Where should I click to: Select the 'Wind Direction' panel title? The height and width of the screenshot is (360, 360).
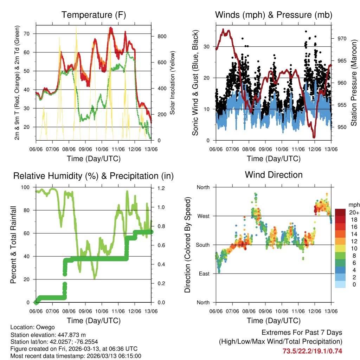click(274, 175)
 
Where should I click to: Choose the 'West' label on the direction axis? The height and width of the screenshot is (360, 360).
click(203, 216)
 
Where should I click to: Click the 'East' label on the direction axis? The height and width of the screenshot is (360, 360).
click(204, 274)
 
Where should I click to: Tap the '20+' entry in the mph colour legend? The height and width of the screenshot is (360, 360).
click(353, 213)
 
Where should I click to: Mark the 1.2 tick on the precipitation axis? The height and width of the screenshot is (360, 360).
click(161, 188)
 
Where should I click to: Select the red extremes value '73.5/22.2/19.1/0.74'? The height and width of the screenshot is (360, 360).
click(312, 351)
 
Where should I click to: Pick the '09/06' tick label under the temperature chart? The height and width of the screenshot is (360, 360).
click(85, 149)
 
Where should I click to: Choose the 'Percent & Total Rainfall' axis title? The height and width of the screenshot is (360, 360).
click(13, 245)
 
